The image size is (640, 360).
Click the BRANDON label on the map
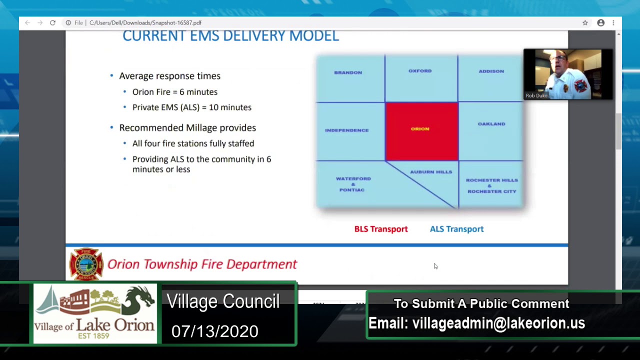[348, 72]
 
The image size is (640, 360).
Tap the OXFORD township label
[420, 71]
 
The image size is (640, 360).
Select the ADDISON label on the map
[491, 71]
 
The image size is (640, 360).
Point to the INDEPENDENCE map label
[346, 130]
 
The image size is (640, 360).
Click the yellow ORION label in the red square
[420, 129]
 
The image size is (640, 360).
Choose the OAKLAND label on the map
[491, 123]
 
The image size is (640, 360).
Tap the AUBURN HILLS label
[431, 172]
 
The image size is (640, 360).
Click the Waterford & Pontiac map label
[353, 184]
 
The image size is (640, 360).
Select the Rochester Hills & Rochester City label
[491, 185]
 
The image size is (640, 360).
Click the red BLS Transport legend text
[381, 229]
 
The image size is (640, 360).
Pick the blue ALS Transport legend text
[456, 229]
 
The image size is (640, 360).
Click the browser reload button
[52, 23]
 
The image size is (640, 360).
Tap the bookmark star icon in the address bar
[585, 23]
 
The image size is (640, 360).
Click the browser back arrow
[27, 23]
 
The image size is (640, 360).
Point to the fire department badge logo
[86, 263]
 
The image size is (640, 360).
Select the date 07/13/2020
[214, 331]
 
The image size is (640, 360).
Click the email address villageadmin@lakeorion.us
[498, 323]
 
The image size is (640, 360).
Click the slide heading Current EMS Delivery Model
[230, 36]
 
